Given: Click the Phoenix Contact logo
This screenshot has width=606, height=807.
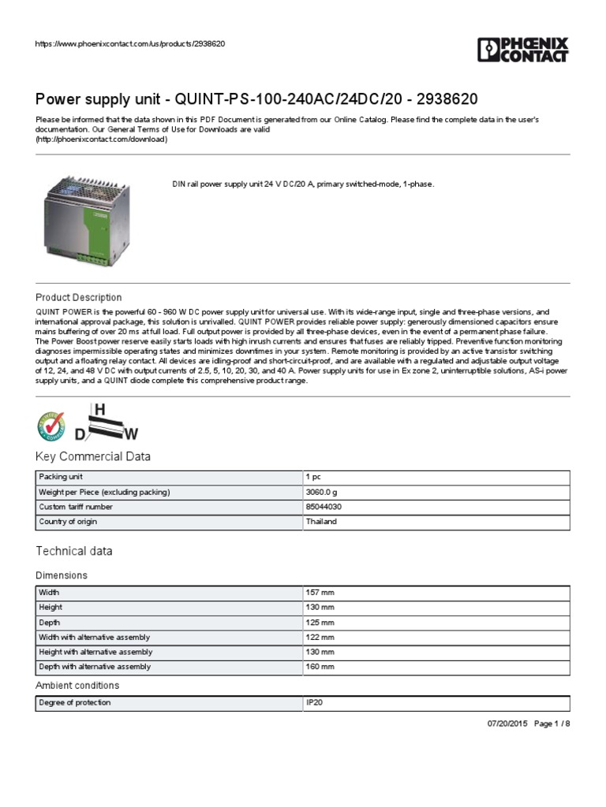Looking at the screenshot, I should tap(522, 49).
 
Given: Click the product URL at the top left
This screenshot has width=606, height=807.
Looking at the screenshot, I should tap(130, 43).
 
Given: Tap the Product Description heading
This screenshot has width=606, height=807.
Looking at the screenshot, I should tap(79, 297).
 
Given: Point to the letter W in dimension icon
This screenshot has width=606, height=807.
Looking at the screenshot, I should tap(132, 433).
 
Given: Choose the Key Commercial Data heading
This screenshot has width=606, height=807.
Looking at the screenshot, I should tap(93, 457).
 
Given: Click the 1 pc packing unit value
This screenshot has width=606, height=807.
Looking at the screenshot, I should tap(313, 478).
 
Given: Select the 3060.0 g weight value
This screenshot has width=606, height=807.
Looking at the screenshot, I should tap(320, 493).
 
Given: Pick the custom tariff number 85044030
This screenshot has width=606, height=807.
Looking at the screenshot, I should tap(324, 507).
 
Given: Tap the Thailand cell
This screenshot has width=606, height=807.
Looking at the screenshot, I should tap(321, 522).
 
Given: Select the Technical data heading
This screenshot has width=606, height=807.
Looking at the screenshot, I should tap(74, 551).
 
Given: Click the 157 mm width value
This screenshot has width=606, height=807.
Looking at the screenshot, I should tap(320, 593).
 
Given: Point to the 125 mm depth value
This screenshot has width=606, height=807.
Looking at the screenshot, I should tap(320, 623).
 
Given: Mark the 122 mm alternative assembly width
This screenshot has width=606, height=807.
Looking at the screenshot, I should tap(320, 637).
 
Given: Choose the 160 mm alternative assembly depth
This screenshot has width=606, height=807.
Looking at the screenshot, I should tap(320, 667).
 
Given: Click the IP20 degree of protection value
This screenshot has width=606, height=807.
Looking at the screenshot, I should tap(314, 702).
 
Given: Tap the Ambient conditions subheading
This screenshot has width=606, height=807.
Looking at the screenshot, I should tap(77, 686).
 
